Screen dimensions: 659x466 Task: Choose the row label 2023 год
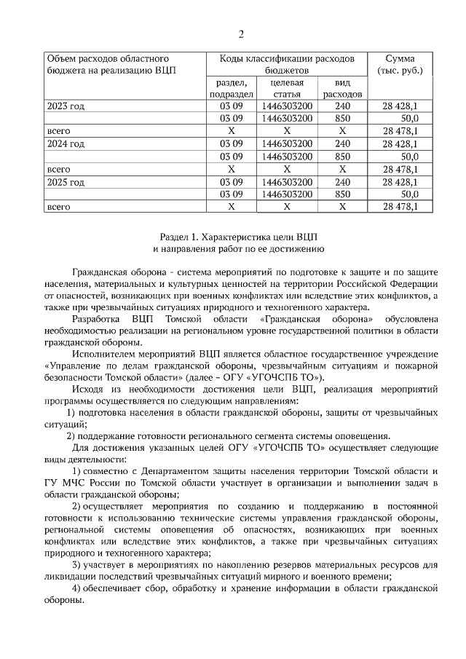(66, 106)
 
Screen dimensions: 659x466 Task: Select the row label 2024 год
(66, 143)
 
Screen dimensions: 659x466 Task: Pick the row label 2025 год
(66, 181)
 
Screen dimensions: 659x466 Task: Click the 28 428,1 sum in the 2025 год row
(400, 181)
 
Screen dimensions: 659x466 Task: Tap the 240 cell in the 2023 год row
(342, 106)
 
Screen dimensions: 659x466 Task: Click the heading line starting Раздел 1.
(240, 237)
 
